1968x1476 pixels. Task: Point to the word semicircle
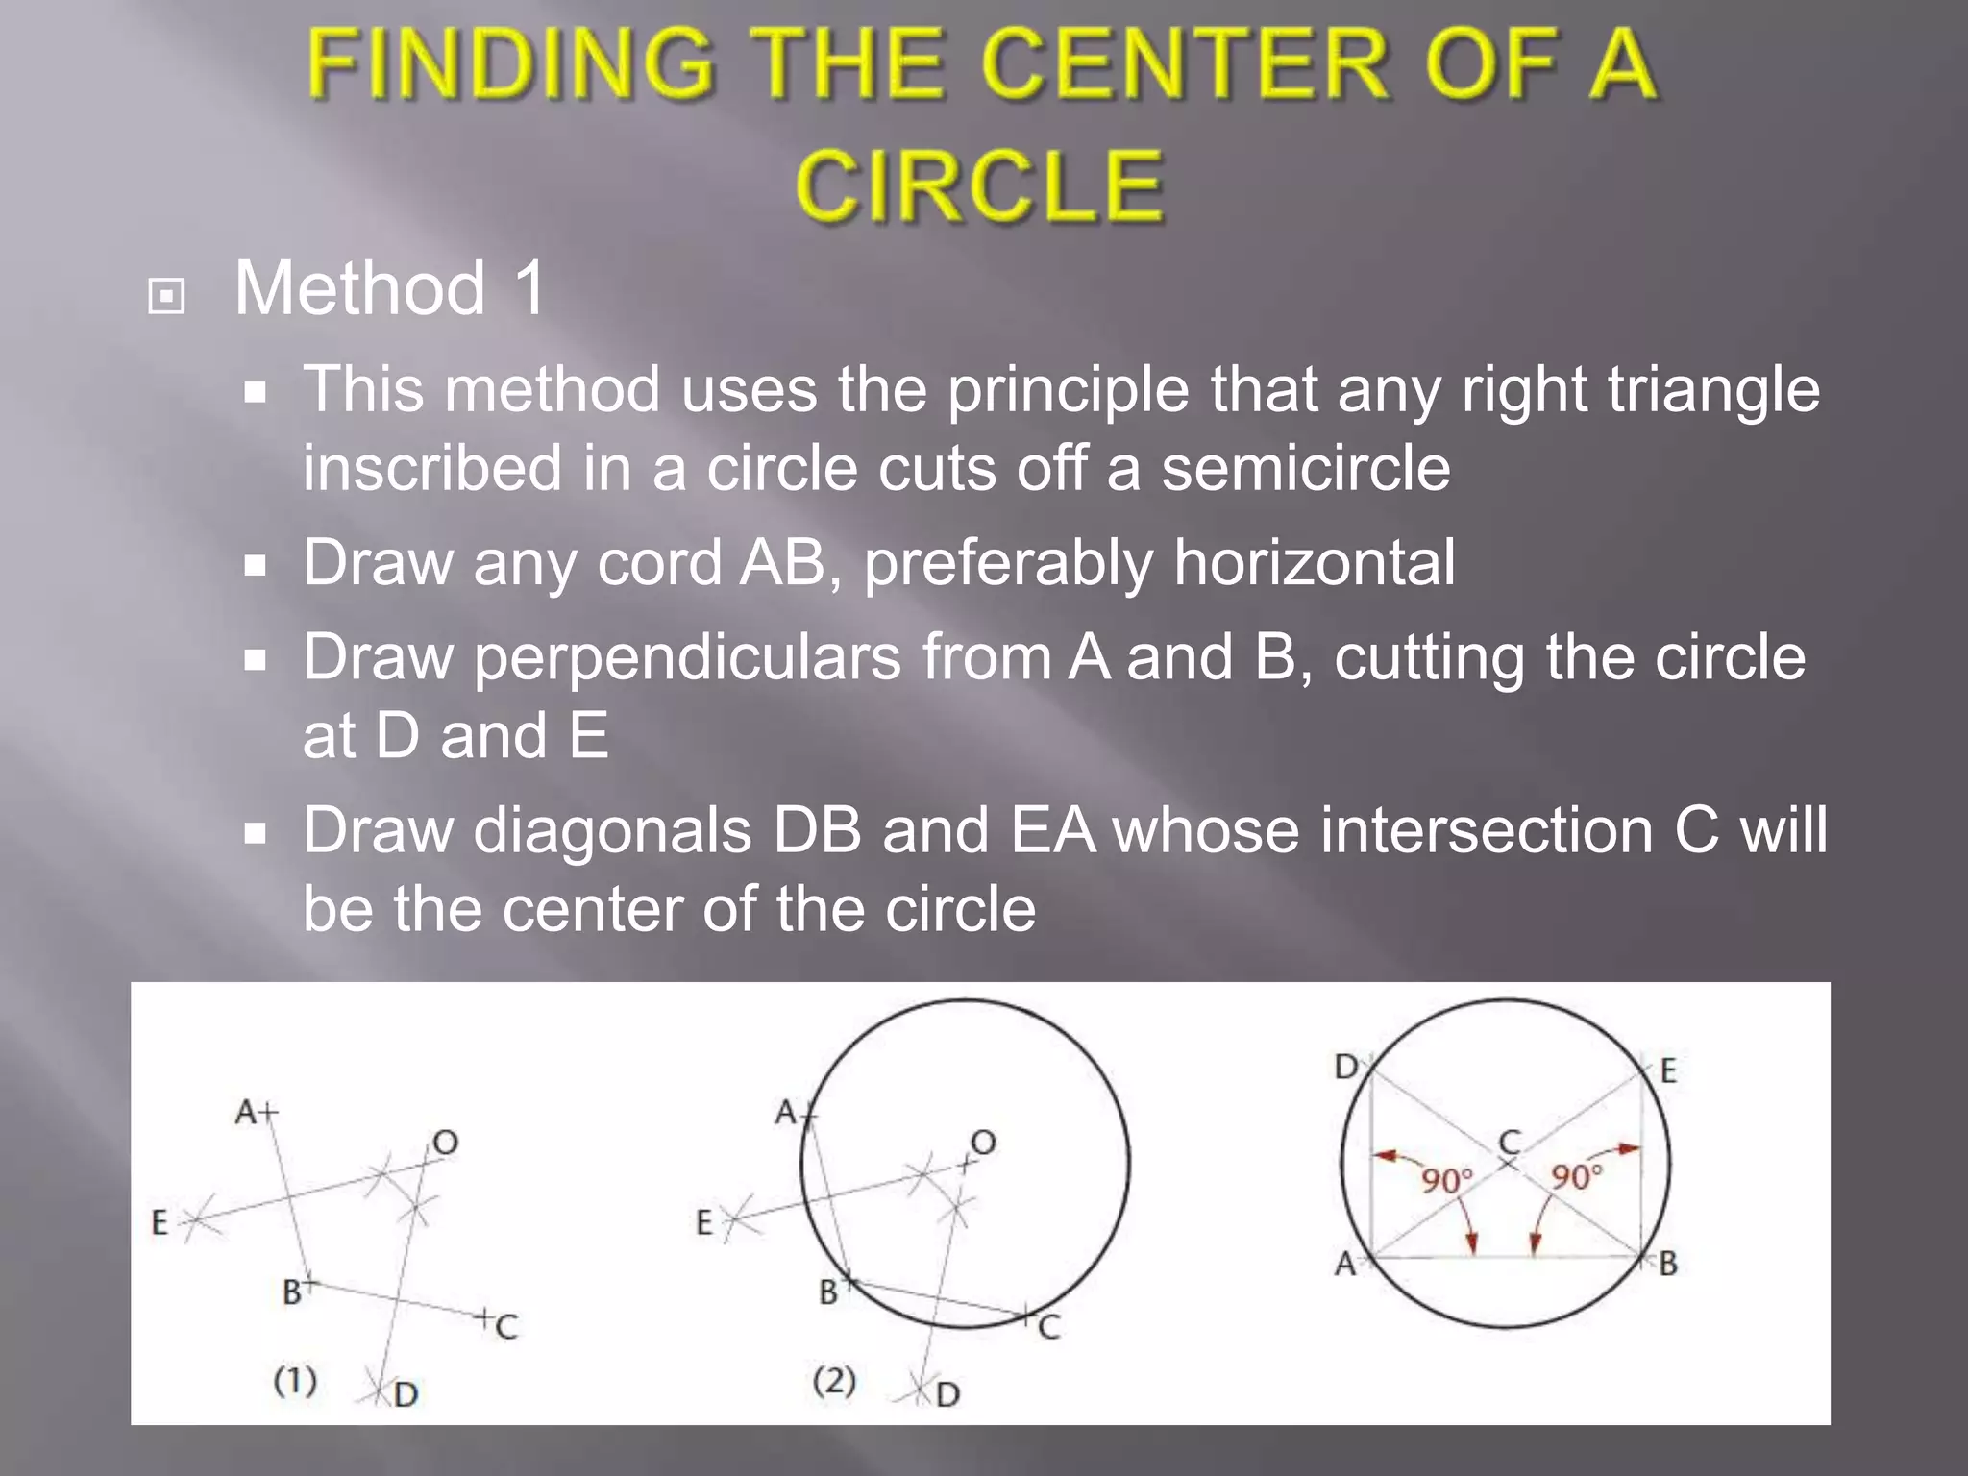click(x=1305, y=468)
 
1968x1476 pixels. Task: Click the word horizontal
click(x=1314, y=562)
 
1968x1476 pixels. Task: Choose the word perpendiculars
click(x=687, y=658)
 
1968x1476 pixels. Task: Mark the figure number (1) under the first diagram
click(x=295, y=1381)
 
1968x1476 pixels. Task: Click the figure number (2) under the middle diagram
click(x=834, y=1381)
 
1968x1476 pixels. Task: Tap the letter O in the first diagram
click(x=445, y=1144)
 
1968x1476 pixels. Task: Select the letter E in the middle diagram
click(x=704, y=1223)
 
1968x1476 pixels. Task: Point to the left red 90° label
click(x=1446, y=1180)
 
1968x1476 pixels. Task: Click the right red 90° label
click(x=1577, y=1176)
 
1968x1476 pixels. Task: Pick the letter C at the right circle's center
click(x=1510, y=1143)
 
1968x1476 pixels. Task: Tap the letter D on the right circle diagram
click(x=1346, y=1067)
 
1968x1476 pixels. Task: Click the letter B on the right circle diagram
click(x=1668, y=1264)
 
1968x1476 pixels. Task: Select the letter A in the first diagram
click(x=246, y=1113)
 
